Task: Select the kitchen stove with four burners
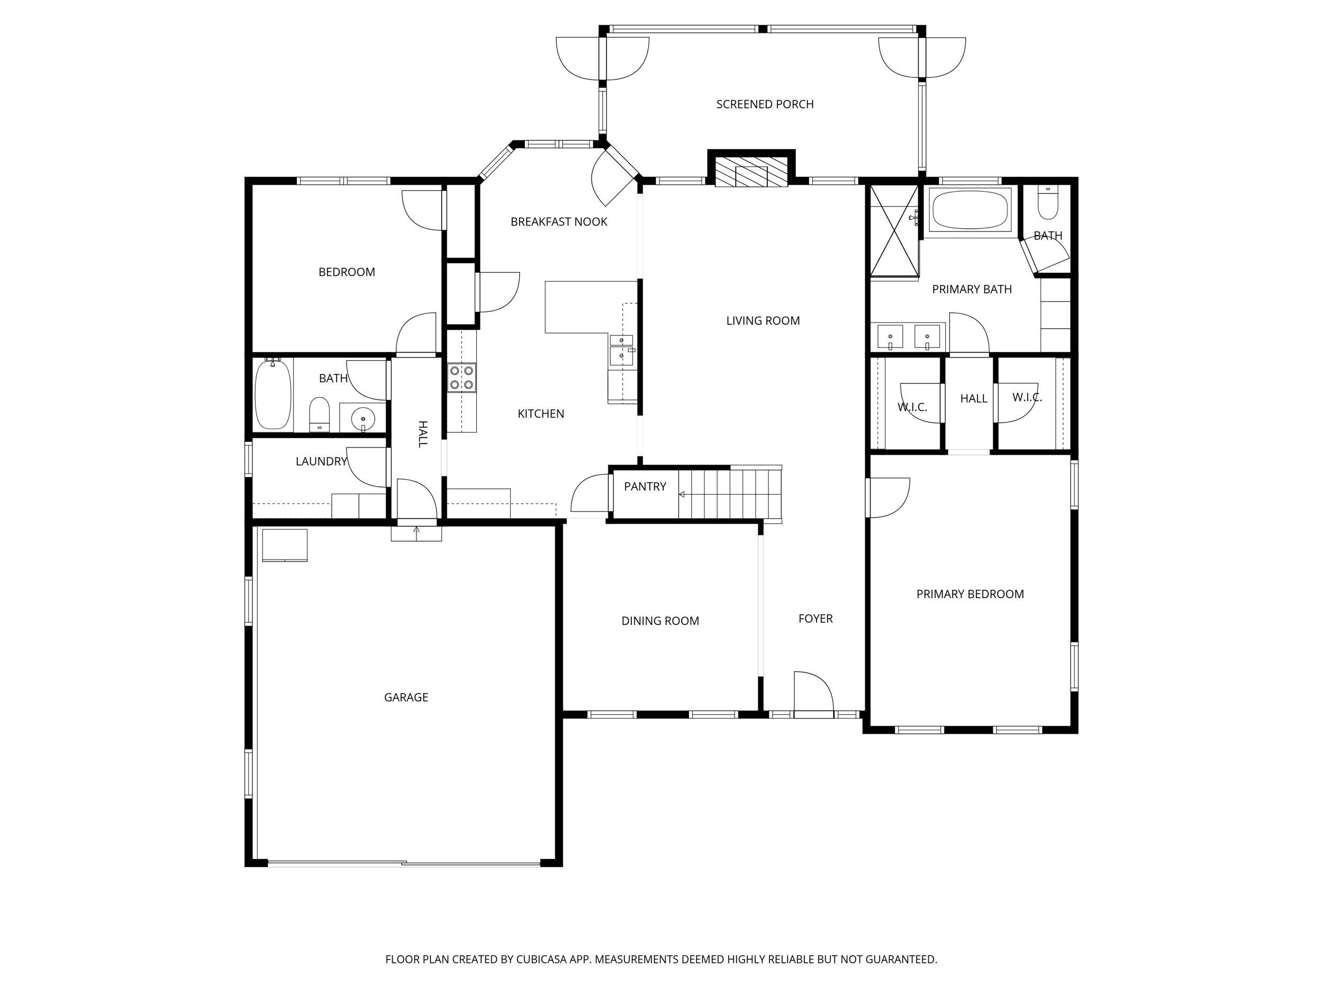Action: [462, 378]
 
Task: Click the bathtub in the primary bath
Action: [969, 210]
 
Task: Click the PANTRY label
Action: [645, 487]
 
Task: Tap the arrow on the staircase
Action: [682, 495]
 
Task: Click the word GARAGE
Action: [405, 697]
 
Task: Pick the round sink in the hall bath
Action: [362, 417]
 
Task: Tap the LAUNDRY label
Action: [321, 461]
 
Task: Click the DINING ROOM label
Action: [660, 621]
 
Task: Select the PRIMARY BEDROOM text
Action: [969, 594]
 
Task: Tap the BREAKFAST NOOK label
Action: [559, 222]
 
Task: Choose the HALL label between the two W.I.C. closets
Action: [973, 399]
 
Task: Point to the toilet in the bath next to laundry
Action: [320, 414]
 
